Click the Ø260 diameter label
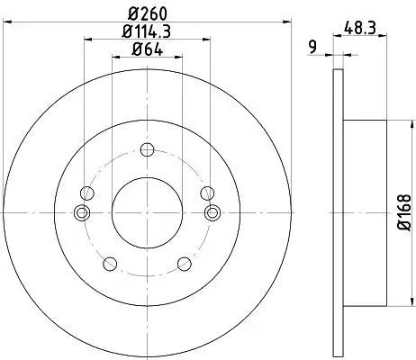coord(147,13)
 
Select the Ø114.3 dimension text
coord(147,31)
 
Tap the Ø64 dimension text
coord(147,49)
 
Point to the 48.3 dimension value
coord(359,29)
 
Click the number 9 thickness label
coord(312,48)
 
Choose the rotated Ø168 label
coord(404,212)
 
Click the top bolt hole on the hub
coord(147,149)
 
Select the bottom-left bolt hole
coord(110,264)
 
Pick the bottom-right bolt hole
coord(185,264)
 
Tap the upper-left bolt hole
coord(87,193)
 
